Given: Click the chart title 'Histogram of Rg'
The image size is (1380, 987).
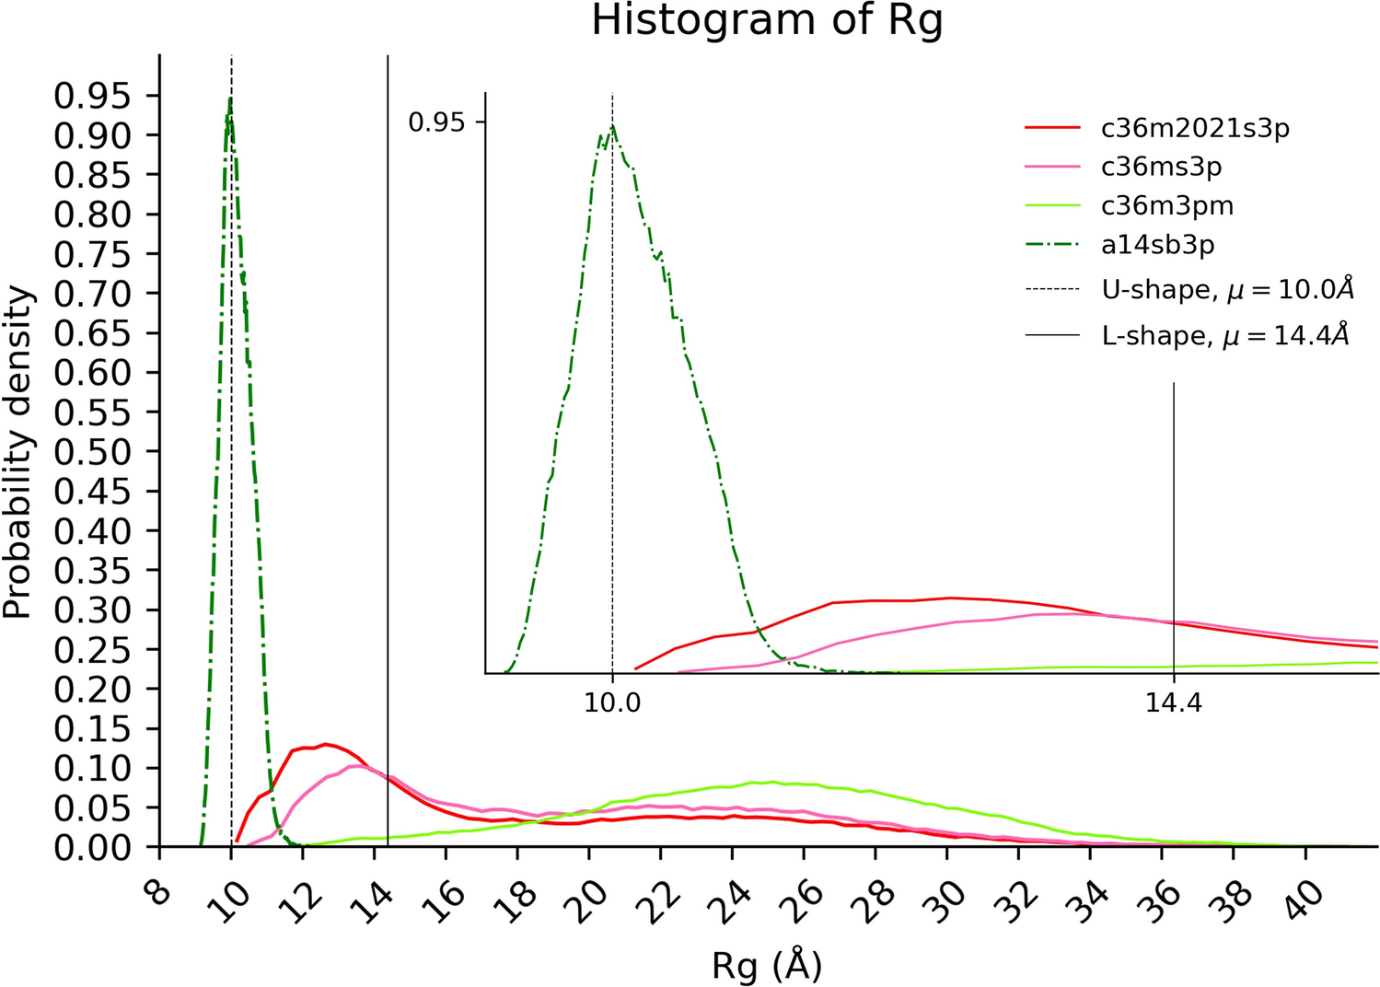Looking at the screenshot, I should pyautogui.click(x=767, y=21).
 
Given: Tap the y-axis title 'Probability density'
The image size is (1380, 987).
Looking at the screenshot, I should pyautogui.click(x=17, y=453).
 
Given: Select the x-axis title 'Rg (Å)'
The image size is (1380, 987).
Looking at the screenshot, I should pyautogui.click(x=767, y=966).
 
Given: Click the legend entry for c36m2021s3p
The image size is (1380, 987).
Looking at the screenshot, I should pyautogui.click(x=1194, y=128).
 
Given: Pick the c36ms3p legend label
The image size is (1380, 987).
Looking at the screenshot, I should pyautogui.click(x=1161, y=167).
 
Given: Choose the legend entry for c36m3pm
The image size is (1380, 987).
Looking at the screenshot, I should pyautogui.click(x=1166, y=205).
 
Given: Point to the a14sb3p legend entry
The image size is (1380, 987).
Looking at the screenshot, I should pyautogui.click(x=1157, y=245).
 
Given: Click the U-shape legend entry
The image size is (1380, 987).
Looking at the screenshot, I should pyautogui.click(x=1227, y=290).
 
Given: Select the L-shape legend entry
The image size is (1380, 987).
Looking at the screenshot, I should pyautogui.click(x=1224, y=335).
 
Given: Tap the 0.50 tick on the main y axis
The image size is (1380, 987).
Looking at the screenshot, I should pyautogui.click(x=93, y=452).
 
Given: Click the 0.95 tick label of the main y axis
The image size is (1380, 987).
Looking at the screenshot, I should pyautogui.click(x=93, y=96).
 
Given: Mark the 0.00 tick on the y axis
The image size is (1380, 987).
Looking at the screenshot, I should pyautogui.click(x=93, y=847).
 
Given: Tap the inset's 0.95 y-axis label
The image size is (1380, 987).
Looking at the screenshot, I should pyautogui.click(x=436, y=122).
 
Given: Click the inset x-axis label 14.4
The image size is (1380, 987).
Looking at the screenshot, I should pyautogui.click(x=1173, y=703).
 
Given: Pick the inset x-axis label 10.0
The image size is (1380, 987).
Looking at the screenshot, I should pyautogui.click(x=612, y=703).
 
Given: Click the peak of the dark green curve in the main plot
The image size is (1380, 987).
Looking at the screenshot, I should pyautogui.click(x=229, y=99).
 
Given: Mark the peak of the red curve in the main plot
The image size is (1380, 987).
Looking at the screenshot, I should pyautogui.click(x=325, y=744).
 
